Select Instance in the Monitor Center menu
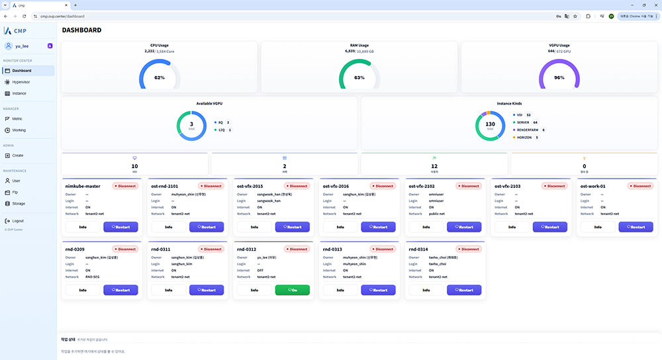[x=19, y=93]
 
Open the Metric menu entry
[x=17, y=118]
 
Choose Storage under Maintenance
[x=19, y=203]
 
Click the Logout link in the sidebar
[x=18, y=221]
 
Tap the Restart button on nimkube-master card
[x=120, y=227]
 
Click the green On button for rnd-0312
[x=292, y=290]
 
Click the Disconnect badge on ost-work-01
[x=639, y=186]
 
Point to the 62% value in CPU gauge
[x=160, y=77]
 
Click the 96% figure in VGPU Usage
[x=559, y=77]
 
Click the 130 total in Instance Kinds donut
[x=491, y=124]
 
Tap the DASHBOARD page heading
[x=81, y=30]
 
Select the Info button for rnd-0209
[x=83, y=290]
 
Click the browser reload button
[x=24, y=16]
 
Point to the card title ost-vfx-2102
[x=422, y=186]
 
